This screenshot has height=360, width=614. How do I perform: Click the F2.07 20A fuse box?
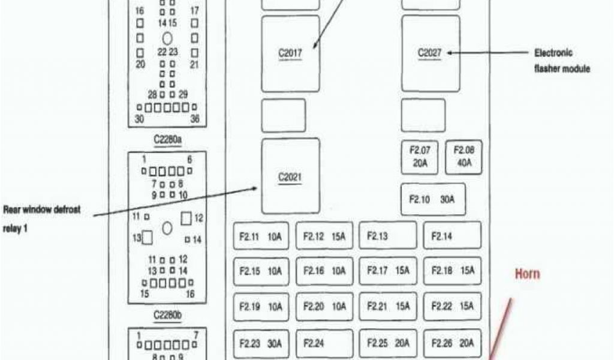pyautogui.click(x=420, y=157)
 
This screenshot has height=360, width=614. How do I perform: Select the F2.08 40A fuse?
pyautogui.click(x=463, y=157)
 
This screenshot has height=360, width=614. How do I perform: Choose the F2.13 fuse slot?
pyautogui.click(x=388, y=236)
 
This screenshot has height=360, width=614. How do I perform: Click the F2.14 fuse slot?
pyautogui.click(x=452, y=236)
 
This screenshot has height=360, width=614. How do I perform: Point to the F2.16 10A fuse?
pyautogui.click(x=324, y=271)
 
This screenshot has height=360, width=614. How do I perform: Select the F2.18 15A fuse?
pyautogui.click(x=452, y=271)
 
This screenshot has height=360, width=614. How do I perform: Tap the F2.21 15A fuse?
pyautogui.click(x=388, y=307)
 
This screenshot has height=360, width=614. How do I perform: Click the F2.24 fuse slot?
pyautogui.click(x=324, y=344)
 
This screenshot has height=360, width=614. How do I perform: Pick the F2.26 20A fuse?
pyautogui.click(x=452, y=344)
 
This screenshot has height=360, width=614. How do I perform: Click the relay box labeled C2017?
pyautogui.click(x=290, y=54)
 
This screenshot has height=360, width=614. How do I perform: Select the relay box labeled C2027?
pyautogui.click(x=430, y=53)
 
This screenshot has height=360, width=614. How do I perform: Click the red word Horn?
pyautogui.click(x=527, y=274)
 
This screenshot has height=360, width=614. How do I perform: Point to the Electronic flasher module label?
pyautogui.click(x=562, y=61)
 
